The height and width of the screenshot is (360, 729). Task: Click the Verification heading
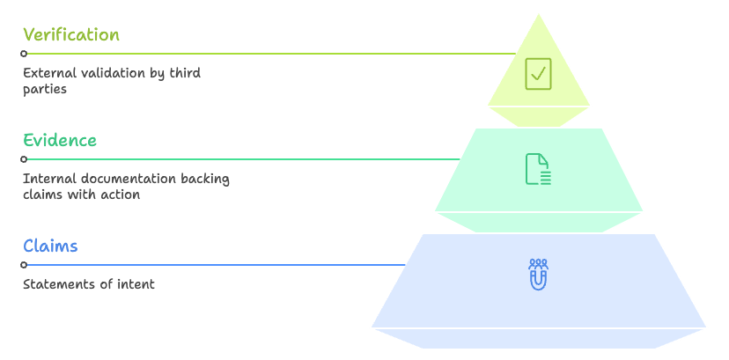[70, 35]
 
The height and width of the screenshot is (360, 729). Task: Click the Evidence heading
[60, 141]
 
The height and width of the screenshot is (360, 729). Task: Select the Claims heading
[50, 246]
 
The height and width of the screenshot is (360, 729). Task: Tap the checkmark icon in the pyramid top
[538, 73]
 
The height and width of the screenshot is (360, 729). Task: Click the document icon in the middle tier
[538, 169]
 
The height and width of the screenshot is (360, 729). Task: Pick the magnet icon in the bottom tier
[538, 275]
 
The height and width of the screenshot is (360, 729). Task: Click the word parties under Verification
[45, 89]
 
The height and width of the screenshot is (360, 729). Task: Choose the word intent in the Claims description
[136, 284]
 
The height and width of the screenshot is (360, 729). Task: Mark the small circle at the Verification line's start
[24, 54]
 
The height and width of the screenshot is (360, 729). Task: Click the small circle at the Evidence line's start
[24, 159]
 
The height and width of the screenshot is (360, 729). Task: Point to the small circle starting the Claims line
[24, 265]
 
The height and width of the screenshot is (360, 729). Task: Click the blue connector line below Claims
[220, 265]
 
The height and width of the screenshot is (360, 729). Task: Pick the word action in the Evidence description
[121, 195]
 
